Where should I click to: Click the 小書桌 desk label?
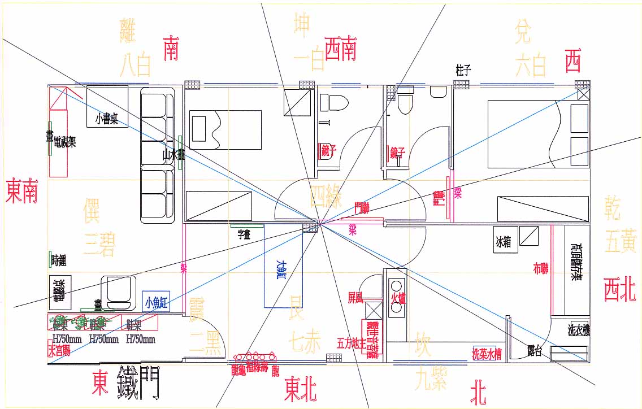tap(107, 119)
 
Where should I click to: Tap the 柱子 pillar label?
tap(463, 70)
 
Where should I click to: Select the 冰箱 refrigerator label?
tap(503, 242)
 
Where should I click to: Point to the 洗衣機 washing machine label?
tap(579, 330)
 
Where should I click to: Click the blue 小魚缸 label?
tap(157, 302)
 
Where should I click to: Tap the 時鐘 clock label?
tap(59, 260)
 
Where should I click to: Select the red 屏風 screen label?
tap(355, 298)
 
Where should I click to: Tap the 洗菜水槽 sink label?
tap(487, 354)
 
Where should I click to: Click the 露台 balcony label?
tap(535, 351)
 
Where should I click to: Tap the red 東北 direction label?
tap(300, 389)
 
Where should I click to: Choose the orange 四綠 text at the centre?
tap(326, 197)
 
